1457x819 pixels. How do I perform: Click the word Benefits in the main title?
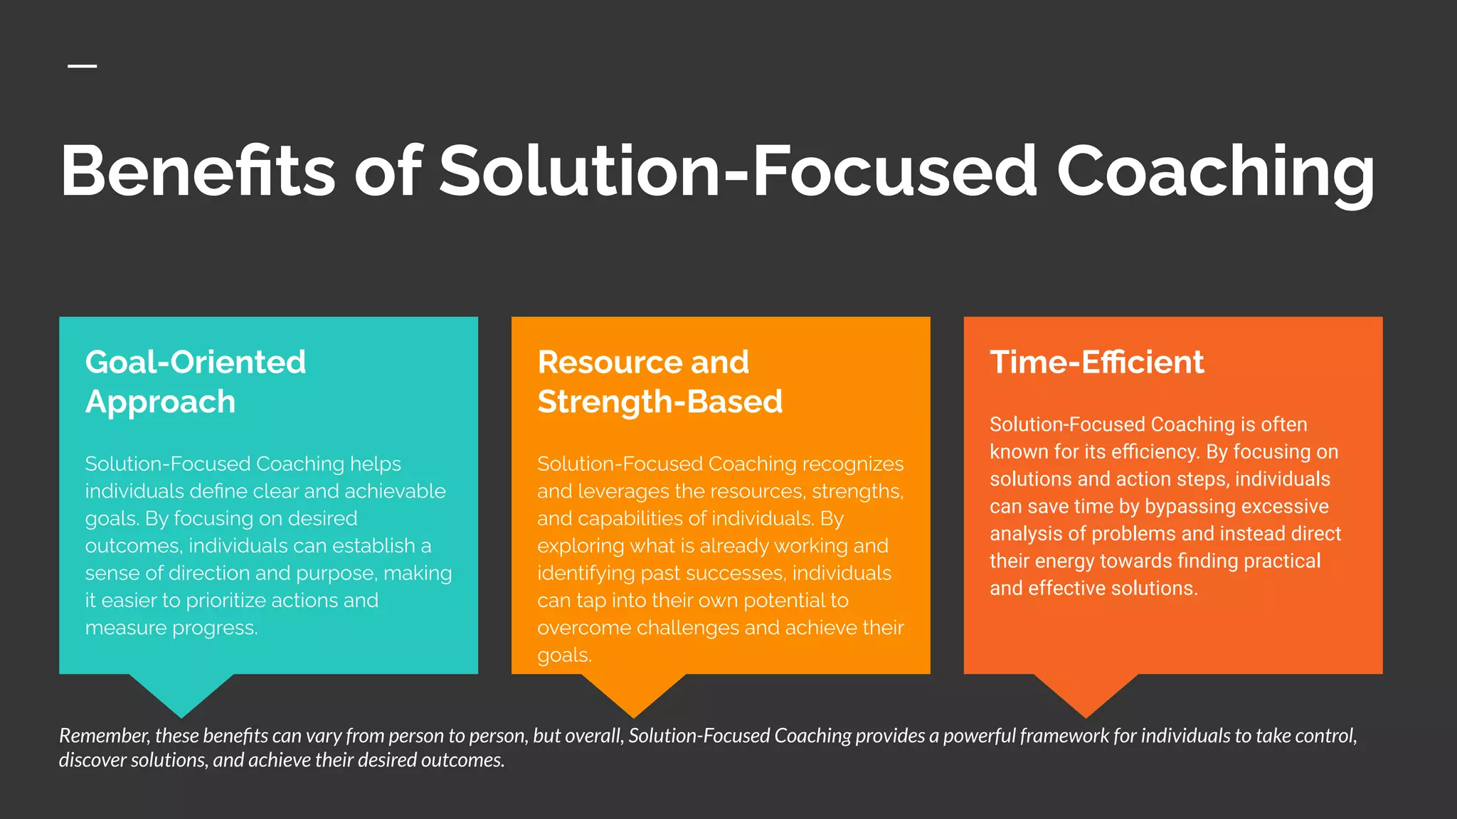tap(198, 171)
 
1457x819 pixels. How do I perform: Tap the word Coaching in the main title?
tap(1215, 171)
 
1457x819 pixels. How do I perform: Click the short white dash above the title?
tap(83, 66)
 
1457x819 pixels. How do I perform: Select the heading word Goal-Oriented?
tap(196, 362)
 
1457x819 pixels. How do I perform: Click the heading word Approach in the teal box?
tap(160, 402)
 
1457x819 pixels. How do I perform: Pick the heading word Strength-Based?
tap(660, 402)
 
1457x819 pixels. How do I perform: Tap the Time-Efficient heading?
tap(1096, 362)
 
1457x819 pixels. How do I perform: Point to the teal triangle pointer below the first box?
tap(181, 692)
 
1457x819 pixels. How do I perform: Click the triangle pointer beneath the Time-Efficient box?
tap(1086, 692)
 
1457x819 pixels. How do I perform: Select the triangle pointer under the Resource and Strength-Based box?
tap(633, 692)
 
